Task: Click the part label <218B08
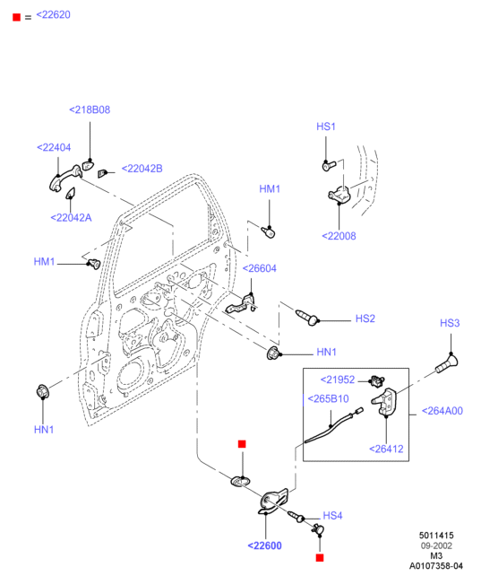tap(90, 109)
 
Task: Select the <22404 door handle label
tap(54, 148)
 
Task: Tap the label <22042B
tap(142, 169)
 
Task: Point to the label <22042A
tap(71, 218)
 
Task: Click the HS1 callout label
tap(326, 127)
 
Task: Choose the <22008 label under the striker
tap(339, 236)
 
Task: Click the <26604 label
tap(260, 268)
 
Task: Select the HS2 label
tap(365, 319)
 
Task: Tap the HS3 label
tap(450, 323)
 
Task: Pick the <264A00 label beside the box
tap(442, 411)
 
